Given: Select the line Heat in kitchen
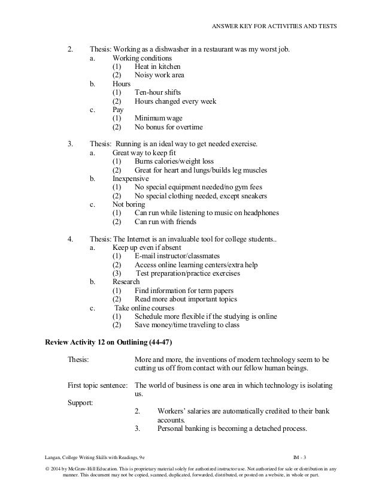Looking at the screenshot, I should coord(157,67).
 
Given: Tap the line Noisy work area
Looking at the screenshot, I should coord(159,76).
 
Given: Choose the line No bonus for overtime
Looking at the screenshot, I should coord(169,127).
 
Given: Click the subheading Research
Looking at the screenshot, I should coord(126,282).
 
